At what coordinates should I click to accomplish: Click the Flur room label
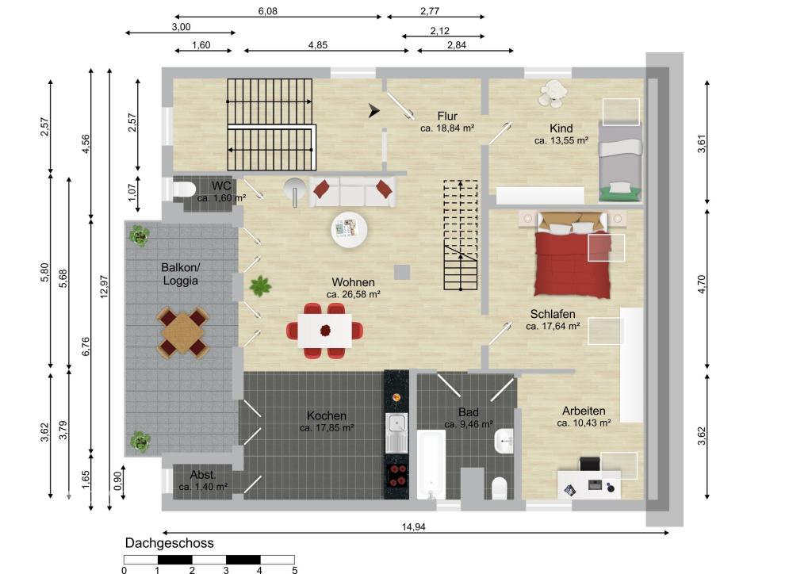coord(447,116)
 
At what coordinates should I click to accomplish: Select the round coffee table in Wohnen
coord(350,229)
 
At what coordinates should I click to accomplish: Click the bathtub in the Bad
coord(431,465)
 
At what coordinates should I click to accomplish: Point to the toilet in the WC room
coord(184,189)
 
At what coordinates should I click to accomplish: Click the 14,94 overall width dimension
coord(413,527)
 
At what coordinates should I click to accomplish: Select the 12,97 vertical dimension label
coord(104,286)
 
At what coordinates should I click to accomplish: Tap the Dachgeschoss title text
coord(170,543)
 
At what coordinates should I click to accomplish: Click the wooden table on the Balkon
coord(183,332)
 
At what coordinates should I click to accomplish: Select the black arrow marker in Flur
coord(374,110)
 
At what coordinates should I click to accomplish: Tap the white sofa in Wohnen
coord(352,192)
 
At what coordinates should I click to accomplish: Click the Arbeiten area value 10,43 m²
coord(584,423)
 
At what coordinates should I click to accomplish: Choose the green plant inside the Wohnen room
coord(260,285)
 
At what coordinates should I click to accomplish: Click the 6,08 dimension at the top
coord(268,11)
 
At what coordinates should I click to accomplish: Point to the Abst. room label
coord(203,475)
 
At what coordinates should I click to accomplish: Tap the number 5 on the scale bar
coord(295,570)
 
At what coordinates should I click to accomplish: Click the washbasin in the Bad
coord(504,442)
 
